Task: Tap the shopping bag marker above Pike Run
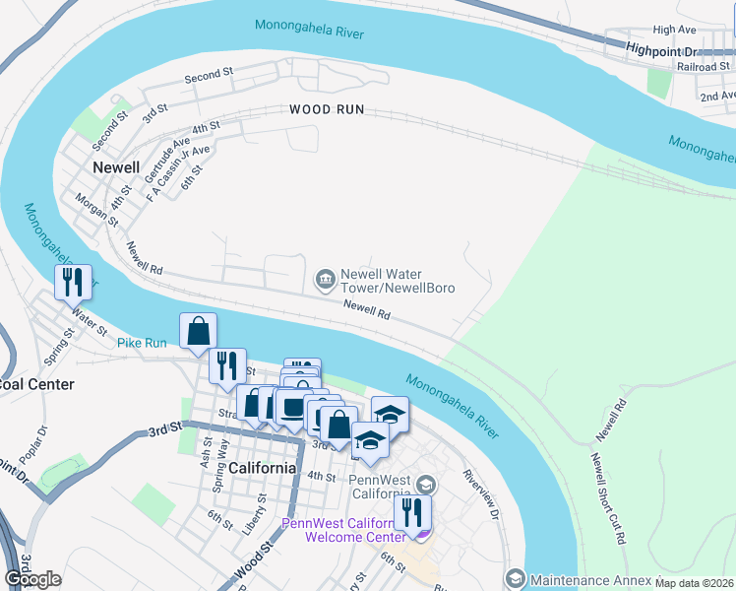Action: [198, 332]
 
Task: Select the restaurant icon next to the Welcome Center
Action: [412, 512]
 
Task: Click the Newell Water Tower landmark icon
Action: [325, 281]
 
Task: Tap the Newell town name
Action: [116, 167]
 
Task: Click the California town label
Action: [263, 468]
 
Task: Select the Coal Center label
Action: [37, 384]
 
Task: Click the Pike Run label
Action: [144, 343]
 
